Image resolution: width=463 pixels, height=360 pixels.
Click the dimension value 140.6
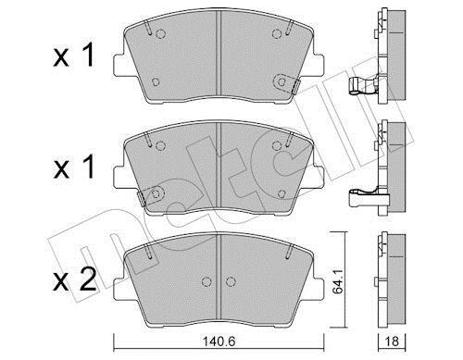[219, 341]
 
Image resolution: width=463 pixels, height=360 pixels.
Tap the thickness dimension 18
[392, 341]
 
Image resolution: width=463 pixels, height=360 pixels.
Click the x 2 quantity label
[74, 279]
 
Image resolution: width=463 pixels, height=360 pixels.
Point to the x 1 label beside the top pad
[73, 55]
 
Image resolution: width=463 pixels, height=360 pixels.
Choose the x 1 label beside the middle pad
[73, 167]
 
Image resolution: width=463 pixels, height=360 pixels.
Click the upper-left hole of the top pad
[160, 33]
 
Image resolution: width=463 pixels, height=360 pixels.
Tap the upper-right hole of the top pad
[277, 33]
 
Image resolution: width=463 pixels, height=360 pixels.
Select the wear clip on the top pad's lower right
[287, 83]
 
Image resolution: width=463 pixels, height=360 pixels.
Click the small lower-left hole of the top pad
[156, 82]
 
